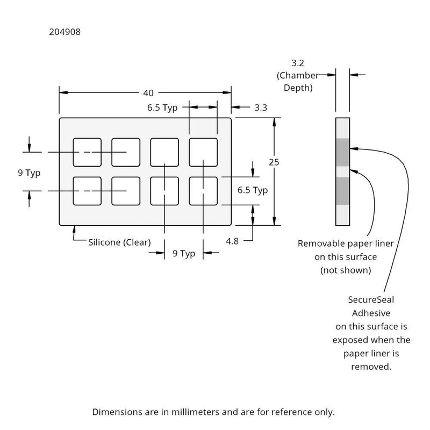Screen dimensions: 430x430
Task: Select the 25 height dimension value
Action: point(275,162)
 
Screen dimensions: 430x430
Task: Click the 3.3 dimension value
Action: point(261,107)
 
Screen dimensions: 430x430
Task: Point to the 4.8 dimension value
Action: point(232,241)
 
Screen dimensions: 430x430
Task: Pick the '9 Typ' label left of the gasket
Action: point(29,174)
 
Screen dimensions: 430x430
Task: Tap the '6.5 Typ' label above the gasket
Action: point(162,107)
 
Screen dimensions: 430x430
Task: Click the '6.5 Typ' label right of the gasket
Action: point(253,190)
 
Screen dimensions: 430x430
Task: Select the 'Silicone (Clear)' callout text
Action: point(119,242)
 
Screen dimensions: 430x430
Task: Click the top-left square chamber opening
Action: point(87,152)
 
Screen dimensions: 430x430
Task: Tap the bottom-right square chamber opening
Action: point(203,190)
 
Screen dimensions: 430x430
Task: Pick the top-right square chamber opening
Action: point(203,152)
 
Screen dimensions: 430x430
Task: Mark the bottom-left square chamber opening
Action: point(87,190)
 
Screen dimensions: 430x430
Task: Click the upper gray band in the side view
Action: point(342,152)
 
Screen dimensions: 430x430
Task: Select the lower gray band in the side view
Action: point(342,191)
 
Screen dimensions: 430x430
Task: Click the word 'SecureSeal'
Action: point(371,300)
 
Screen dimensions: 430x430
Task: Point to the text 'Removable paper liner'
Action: point(346,243)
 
